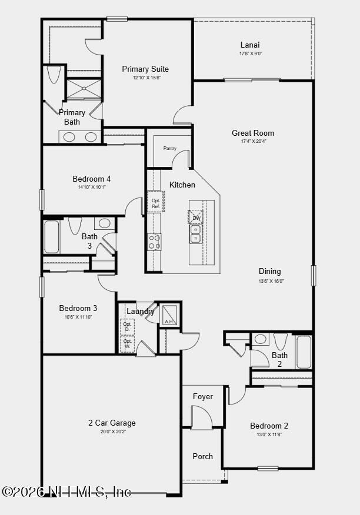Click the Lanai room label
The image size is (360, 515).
click(x=250, y=45)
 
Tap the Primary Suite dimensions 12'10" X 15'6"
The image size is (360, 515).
click(x=145, y=78)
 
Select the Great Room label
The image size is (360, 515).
click(x=253, y=133)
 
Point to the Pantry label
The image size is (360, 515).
click(x=170, y=148)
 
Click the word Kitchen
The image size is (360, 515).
click(x=182, y=185)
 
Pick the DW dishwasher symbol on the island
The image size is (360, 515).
click(x=196, y=218)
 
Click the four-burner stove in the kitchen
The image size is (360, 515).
click(x=154, y=242)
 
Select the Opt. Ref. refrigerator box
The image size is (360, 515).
click(x=155, y=203)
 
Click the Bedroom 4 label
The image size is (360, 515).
click(x=91, y=179)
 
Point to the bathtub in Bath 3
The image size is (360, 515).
click(x=52, y=237)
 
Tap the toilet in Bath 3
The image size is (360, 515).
click(x=75, y=225)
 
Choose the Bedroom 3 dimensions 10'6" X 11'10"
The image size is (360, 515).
click(x=78, y=317)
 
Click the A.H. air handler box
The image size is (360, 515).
click(x=169, y=315)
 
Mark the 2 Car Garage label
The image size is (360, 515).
click(x=112, y=423)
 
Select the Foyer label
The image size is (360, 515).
click(x=203, y=396)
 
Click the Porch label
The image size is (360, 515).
click(x=203, y=456)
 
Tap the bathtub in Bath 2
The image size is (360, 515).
click(x=304, y=352)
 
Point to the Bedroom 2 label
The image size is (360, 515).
click(x=269, y=426)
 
